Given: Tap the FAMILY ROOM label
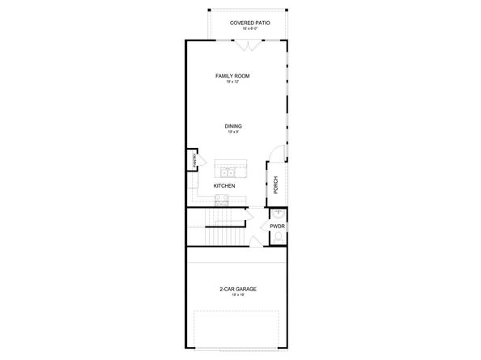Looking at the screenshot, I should [x=232, y=76].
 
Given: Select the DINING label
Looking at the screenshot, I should [x=233, y=126].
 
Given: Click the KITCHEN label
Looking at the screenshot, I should [x=224, y=185].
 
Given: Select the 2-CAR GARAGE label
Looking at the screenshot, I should [x=238, y=289].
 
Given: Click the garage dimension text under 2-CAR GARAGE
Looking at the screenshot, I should [x=238, y=295].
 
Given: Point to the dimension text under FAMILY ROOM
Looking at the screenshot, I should [x=232, y=82].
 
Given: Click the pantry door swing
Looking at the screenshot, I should [x=194, y=152].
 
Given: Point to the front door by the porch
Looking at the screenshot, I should [x=278, y=152].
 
